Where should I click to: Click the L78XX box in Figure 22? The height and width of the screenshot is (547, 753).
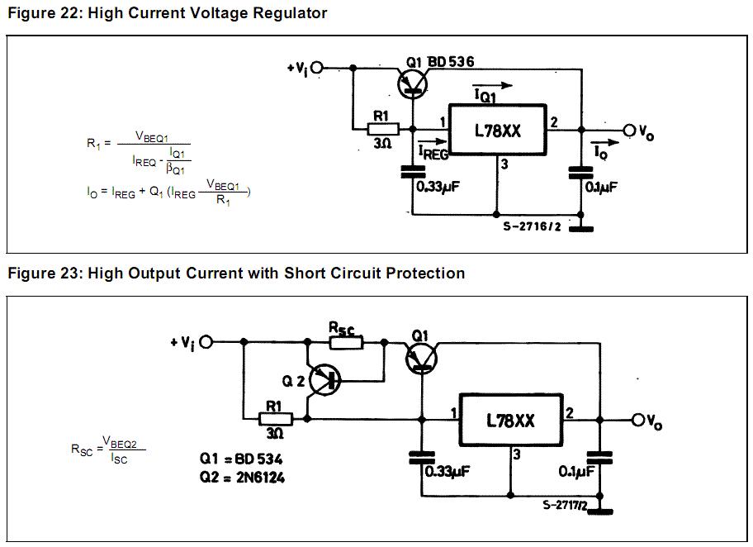pos(497,130)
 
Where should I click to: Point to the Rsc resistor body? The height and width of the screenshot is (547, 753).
pos(345,341)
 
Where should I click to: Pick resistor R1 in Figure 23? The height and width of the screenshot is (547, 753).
pos(274,419)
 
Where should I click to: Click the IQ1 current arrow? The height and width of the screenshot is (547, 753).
pos(492,85)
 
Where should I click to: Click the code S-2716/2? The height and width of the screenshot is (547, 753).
pos(532,227)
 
